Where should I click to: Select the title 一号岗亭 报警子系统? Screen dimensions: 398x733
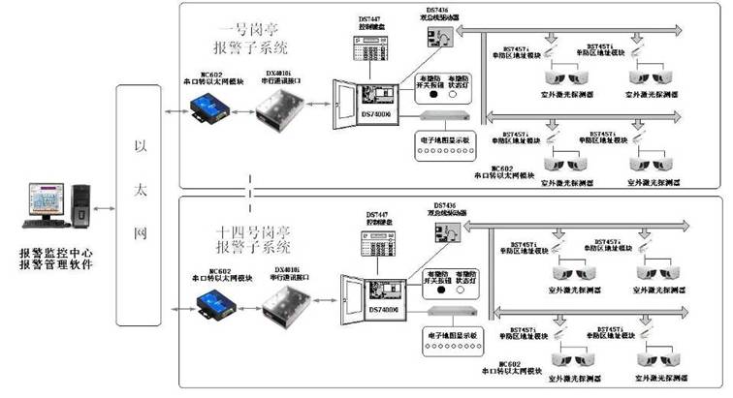(x=254, y=39)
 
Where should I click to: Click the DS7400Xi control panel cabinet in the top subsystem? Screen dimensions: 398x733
(x=366, y=101)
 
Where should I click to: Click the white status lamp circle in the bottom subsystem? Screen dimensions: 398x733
(x=465, y=288)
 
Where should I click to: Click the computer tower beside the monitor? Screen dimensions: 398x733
(x=86, y=209)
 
